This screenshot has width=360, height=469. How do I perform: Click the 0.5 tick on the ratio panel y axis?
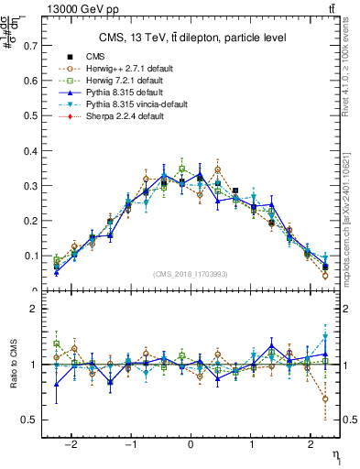pos(26,420)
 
